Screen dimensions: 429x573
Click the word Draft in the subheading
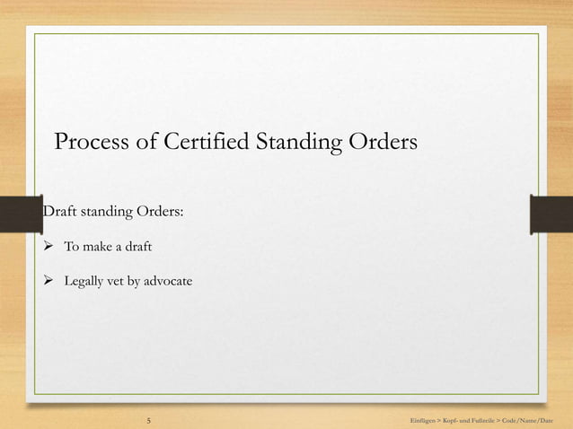pyautogui.click(x=60, y=213)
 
